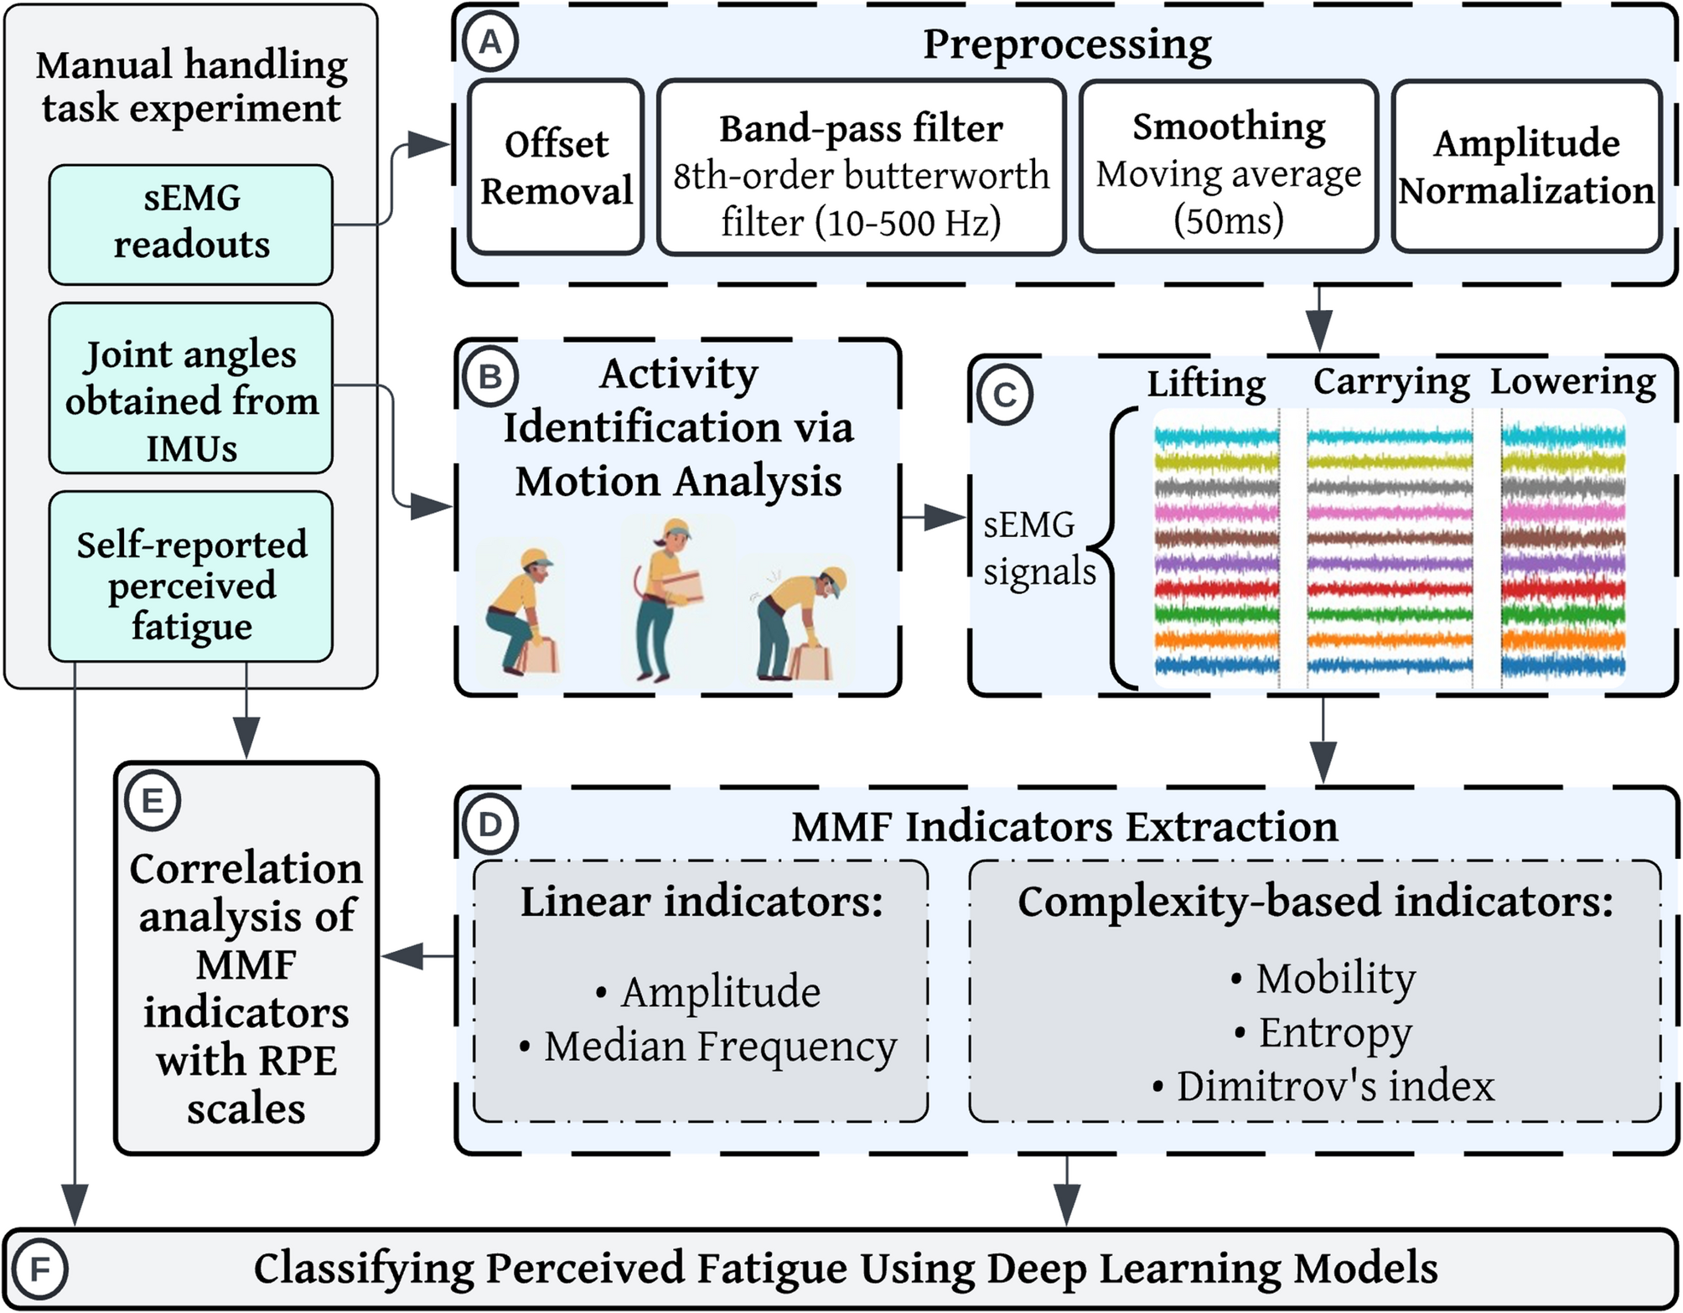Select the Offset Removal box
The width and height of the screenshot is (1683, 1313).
pos(557,167)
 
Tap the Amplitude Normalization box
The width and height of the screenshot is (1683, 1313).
pos(1526,167)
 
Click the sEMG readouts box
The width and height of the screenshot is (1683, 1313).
pos(191,224)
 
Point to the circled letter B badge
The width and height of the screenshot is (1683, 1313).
pos(489,377)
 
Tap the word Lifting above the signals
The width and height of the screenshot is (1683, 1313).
pos(1206,384)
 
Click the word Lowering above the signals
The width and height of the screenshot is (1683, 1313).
pos(1572,381)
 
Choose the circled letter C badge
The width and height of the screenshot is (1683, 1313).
pos(1004,395)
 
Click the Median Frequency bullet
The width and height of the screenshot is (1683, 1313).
pos(708,1047)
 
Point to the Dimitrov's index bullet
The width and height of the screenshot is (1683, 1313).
pos(1323,1087)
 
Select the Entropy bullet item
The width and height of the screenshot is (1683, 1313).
pos(1323,1032)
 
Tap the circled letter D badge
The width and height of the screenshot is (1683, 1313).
pos(489,825)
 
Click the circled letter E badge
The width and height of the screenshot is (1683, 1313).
pos(152,801)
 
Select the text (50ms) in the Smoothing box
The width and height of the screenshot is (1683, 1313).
pos(1228,220)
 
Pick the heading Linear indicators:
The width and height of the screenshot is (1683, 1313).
pos(702,902)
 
